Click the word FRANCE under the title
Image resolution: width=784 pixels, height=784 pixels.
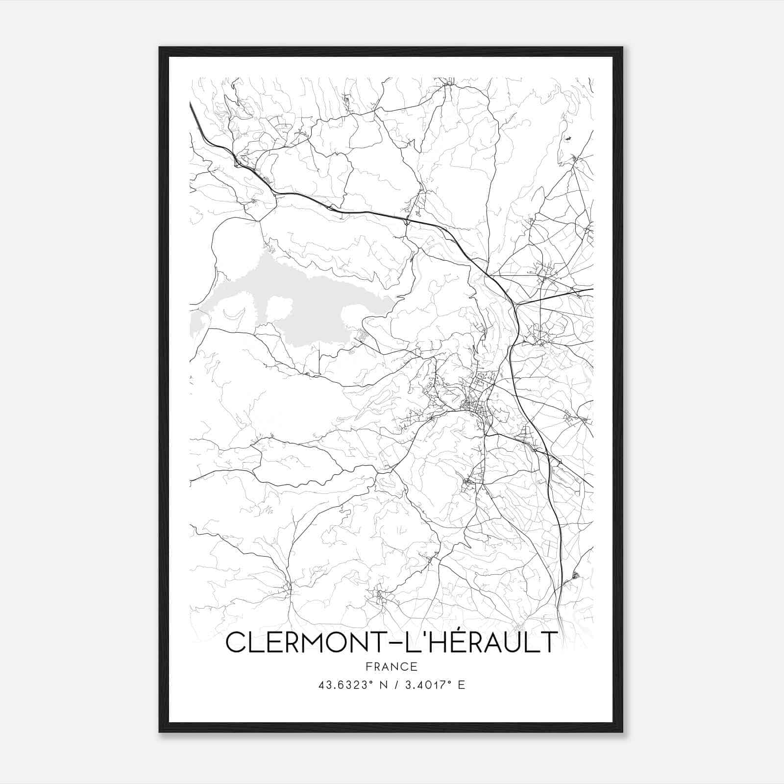(392, 666)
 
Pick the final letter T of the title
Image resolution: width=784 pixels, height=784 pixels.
(548, 642)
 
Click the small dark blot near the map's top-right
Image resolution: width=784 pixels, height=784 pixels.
(568, 139)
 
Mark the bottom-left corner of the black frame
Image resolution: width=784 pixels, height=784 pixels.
(160, 731)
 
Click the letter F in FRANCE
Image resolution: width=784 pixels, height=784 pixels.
(368, 666)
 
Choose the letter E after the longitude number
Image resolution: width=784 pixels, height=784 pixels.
(461, 685)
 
